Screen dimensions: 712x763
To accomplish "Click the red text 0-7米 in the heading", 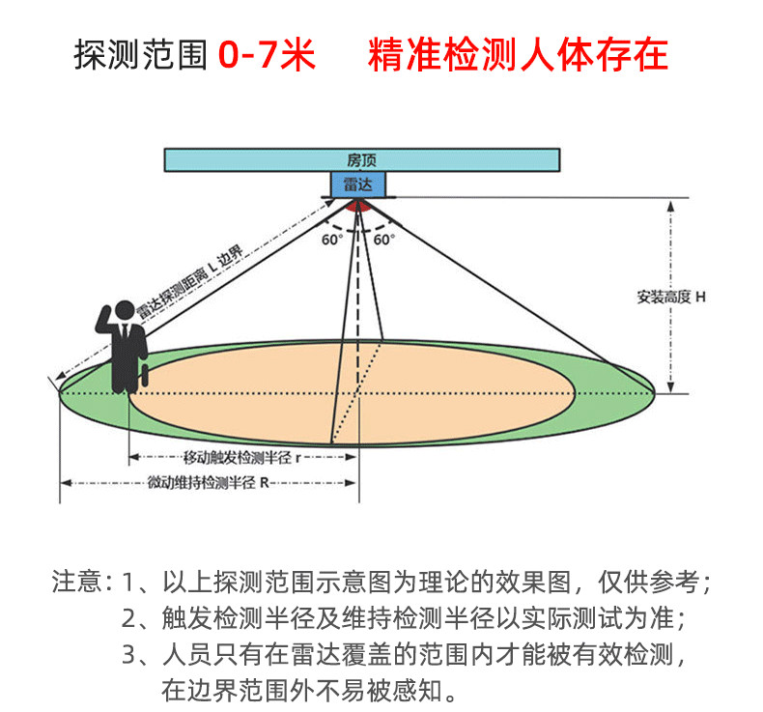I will point(267,56).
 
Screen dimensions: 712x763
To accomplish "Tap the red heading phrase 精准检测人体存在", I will point(518,56).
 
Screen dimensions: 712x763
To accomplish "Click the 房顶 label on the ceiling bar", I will point(361,158).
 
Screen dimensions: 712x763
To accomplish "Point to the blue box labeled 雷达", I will point(358,183).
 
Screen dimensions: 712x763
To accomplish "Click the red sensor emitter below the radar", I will point(358,205).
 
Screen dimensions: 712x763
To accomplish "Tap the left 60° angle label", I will point(332,239).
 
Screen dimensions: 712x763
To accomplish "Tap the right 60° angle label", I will point(384,239).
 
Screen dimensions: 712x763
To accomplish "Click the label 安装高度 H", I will point(671,298).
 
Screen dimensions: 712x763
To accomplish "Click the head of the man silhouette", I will point(123,311).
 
